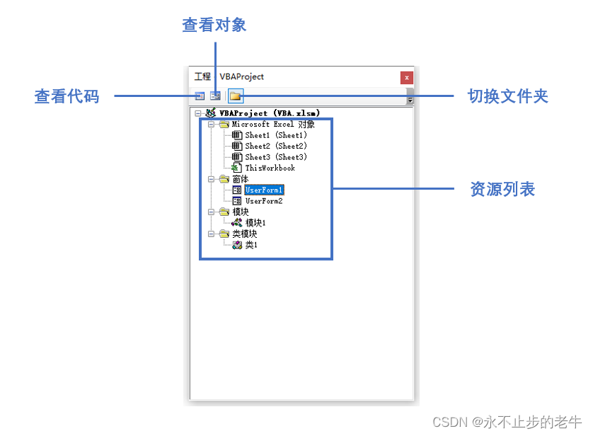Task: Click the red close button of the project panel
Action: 406,77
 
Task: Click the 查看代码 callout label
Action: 67,96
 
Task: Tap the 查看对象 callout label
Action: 214,25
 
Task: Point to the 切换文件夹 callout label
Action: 507,96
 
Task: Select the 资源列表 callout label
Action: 502,190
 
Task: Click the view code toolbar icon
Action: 200,96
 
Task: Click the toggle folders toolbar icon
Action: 235,96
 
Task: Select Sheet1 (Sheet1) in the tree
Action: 275,135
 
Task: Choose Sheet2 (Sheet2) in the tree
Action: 275,146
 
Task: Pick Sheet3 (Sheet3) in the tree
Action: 275,157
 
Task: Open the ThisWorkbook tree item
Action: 270,168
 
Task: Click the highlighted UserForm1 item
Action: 264,190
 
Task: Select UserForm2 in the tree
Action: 264,201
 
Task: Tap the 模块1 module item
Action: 255,223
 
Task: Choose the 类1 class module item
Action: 251,245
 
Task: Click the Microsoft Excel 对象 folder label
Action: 273,124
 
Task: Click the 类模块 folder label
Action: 244,234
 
